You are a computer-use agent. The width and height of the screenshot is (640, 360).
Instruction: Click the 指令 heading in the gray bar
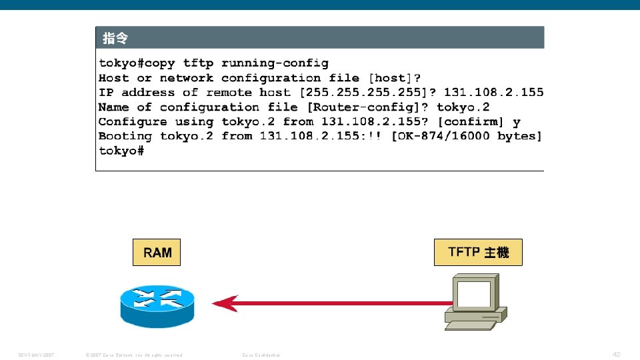point(115,39)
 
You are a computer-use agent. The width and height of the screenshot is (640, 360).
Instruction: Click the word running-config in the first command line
point(275,63)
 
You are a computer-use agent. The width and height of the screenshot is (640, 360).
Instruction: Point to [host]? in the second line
point(395,78)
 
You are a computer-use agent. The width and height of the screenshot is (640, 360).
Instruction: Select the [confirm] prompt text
point(471,122)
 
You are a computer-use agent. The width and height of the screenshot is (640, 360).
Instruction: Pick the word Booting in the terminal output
point(125,136)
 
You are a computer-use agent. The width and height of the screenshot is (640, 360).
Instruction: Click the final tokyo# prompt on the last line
point(121,151)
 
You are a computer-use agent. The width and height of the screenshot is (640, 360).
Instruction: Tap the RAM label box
point(157,253)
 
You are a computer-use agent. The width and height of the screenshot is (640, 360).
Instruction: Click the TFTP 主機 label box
point(478,253)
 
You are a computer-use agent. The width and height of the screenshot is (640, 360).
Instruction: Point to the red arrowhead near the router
point(223,304)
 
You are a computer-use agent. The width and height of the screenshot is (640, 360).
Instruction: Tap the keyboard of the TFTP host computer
point(471,325)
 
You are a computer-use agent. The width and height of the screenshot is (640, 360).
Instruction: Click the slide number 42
point(616,355)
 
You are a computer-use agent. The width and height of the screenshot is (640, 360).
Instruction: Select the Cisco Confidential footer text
point(261,355)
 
